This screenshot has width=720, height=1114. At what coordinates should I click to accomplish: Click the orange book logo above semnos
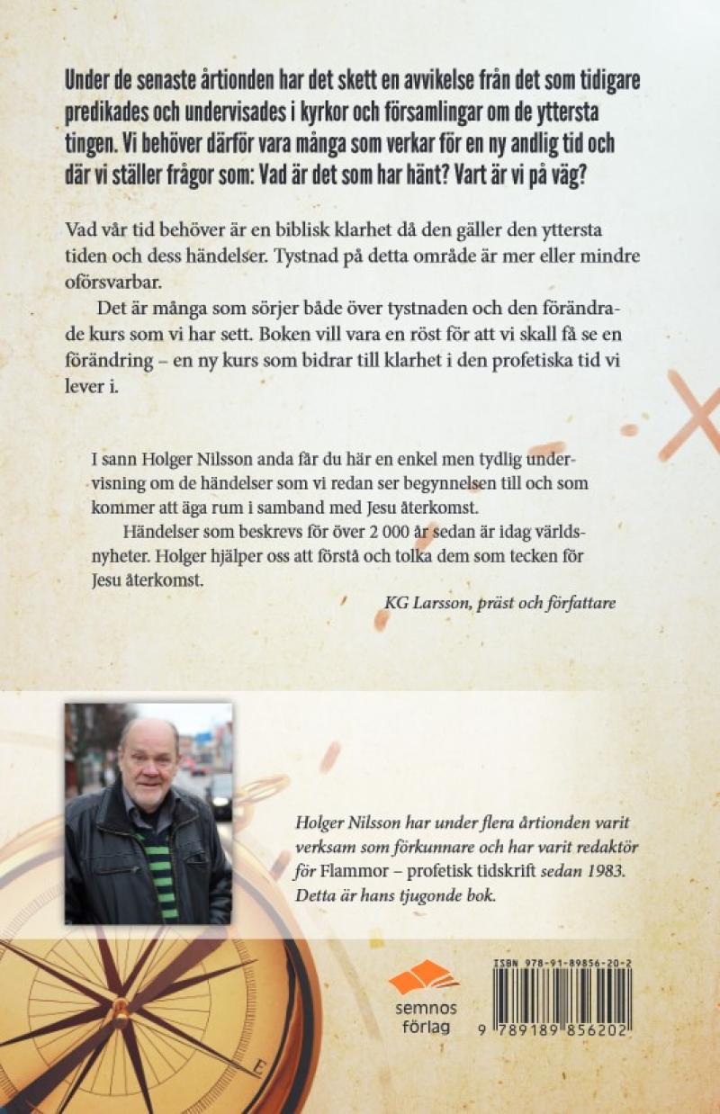422,975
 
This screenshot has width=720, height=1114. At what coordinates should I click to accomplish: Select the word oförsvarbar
113,280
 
